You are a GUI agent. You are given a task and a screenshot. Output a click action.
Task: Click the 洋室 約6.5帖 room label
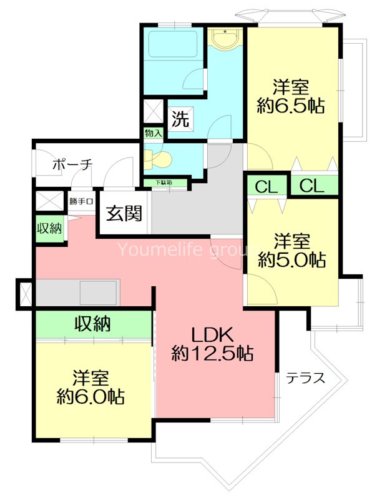click(x=291, y=96)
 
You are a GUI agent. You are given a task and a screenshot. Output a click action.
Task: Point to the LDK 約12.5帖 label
click(x=212, y=343)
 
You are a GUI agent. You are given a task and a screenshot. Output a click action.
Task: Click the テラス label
click(x=305, y=377)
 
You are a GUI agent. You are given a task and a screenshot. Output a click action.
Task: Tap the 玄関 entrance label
click(x=124, y=214)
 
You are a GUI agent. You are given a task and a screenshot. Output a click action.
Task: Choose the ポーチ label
click(x=72, y=164)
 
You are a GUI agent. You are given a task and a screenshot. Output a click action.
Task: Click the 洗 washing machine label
click(x=180, y=118)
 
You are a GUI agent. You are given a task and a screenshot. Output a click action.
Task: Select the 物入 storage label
click(x=153, y=133)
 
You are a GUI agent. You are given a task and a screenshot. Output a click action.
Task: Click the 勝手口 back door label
click(x=81, y=201)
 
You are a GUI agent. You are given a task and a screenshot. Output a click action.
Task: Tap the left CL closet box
click(x=265, y=186)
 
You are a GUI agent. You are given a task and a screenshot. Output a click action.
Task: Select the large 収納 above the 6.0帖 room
click(x=93, y=324)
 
